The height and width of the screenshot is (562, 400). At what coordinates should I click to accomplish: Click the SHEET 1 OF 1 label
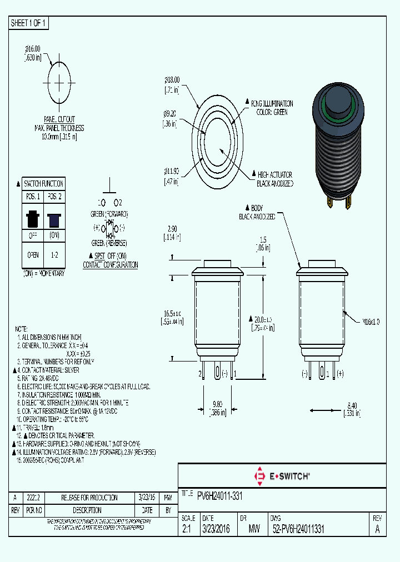pos(28,23)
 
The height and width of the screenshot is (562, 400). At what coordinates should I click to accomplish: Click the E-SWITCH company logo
pos(282,475)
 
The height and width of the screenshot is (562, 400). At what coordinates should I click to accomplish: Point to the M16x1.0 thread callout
pos(371,322)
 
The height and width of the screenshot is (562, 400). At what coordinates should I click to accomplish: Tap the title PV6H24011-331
pos(219,495)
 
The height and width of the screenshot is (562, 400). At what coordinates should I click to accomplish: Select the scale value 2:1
pos(187,530)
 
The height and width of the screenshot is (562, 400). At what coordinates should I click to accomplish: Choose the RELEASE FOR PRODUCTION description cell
pos(89,498)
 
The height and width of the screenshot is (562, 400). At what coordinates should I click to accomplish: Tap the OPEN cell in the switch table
pos(32,255)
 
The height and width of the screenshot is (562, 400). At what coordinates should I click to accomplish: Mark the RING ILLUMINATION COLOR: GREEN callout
pos(272,108)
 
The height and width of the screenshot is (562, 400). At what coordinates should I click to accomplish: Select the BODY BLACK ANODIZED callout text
pos(256,212)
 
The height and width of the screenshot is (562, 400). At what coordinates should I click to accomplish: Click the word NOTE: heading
pos(21,329)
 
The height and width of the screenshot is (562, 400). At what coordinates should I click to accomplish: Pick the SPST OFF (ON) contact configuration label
pos(110,260)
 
